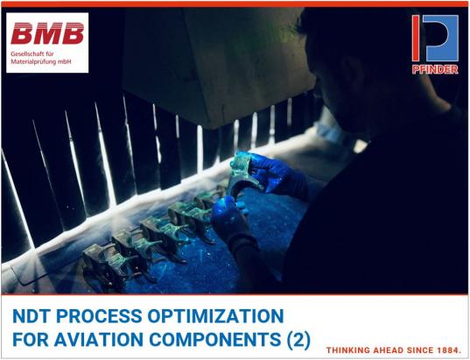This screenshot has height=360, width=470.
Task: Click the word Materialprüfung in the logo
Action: click(34, 63)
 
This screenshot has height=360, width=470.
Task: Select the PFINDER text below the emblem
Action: click(435, 69)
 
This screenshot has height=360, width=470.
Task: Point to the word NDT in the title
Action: click(29, 316)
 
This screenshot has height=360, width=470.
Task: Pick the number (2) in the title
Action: click(297, 339)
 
